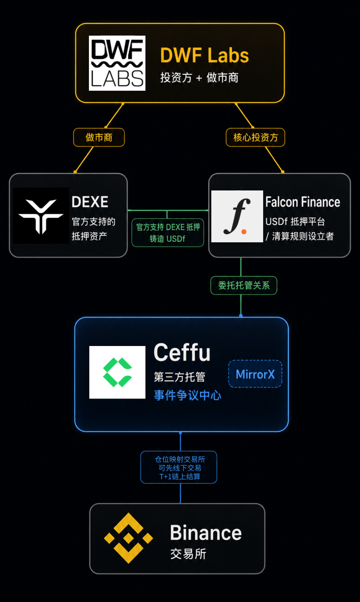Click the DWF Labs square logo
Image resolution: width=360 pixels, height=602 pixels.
point(117,63)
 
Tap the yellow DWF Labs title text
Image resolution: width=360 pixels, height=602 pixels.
point(204,55)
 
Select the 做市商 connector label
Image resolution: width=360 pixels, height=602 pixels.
point(99,137)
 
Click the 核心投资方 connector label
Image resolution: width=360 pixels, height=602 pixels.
point(256,137)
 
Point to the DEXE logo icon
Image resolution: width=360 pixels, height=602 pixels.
point(41,216)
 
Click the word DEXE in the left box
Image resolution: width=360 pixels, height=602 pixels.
point(90,202)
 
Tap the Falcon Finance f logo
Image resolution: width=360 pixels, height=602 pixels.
point(237,216)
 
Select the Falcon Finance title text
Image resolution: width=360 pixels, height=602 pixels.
point(303,202)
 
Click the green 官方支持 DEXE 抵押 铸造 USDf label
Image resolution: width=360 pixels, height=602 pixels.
point(168,233)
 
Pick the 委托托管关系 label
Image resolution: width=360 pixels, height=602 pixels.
point(244,286)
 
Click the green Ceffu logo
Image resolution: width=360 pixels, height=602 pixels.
point(117,372)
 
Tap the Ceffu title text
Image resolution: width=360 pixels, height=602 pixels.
point(182,352)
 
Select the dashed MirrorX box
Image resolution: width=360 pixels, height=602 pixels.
point(255,374)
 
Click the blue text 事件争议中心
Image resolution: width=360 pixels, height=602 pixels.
point(188,395)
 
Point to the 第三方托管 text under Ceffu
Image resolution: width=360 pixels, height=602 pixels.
point(180,377)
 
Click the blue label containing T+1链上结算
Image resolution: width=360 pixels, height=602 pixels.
point(179,467)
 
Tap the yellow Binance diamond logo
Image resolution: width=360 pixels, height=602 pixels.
point(129,538)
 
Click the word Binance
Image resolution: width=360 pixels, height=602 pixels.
point(206,533)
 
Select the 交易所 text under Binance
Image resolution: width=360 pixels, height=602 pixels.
point(188,554)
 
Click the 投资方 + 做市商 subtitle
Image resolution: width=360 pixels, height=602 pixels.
point(199,78)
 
